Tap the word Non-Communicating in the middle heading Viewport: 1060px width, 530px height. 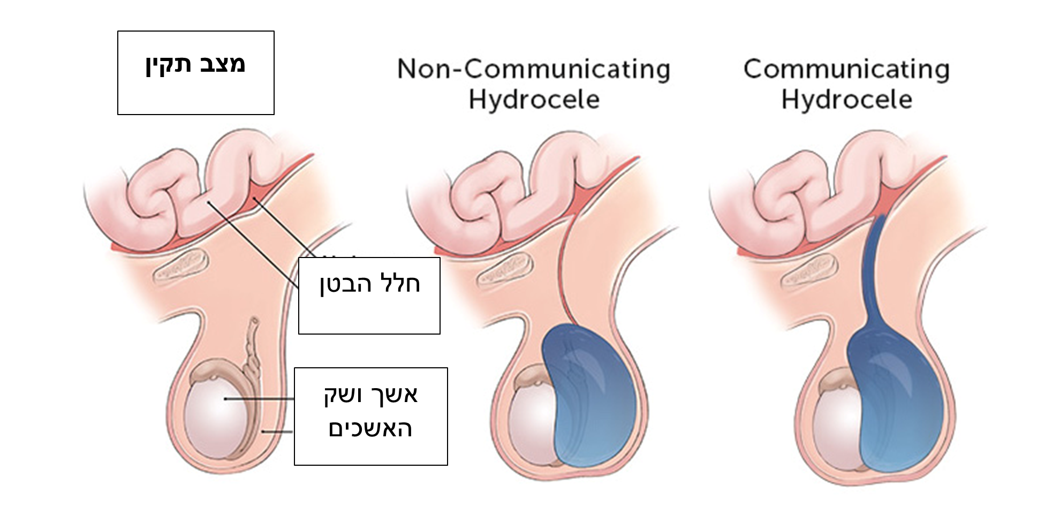pos(534,70)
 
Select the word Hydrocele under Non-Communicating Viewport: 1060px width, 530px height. pos(534,100)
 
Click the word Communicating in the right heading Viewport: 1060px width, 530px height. pos(846,70)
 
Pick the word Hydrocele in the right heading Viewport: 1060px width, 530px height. pos(846,100)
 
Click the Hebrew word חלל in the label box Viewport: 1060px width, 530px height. pos(399,283)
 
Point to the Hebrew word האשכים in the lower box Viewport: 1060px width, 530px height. pos(370,429)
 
